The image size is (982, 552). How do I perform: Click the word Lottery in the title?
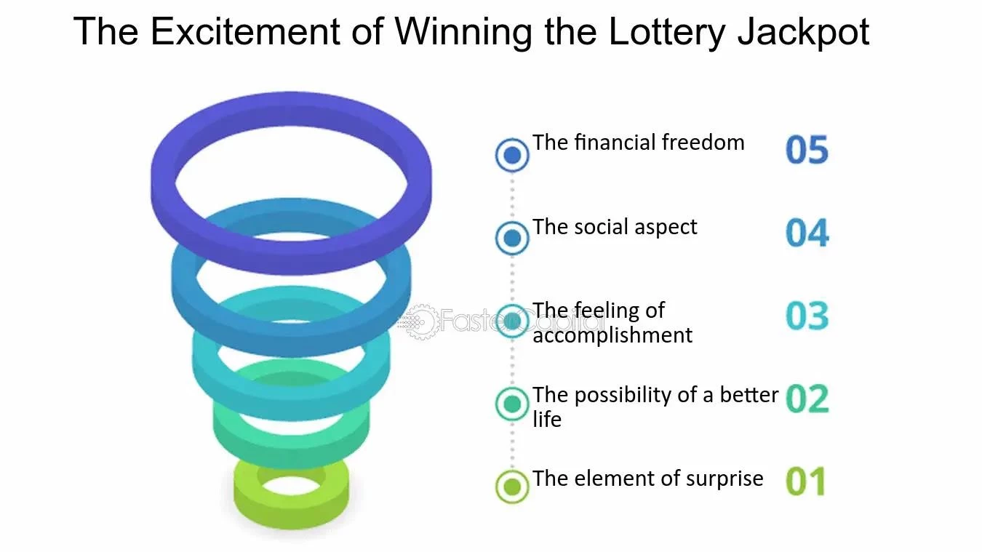(666, 31)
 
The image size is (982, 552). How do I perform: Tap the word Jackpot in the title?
(804, 31)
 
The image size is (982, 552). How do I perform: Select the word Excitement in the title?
(245, 31)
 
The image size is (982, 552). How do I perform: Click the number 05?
(807, 150)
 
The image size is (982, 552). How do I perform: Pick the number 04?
(807, 233)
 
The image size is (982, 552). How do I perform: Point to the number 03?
(807, 316)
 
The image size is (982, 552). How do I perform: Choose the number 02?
(807, 399)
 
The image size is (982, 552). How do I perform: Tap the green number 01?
(806, 481)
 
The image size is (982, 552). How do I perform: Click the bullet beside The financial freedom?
(512, 155)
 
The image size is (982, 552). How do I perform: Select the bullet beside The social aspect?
(512, 238)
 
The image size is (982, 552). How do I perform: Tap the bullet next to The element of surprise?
(512, 487)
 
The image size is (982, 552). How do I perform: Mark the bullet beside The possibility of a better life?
(512, 404)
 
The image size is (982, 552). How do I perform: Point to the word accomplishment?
(612, 335)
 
